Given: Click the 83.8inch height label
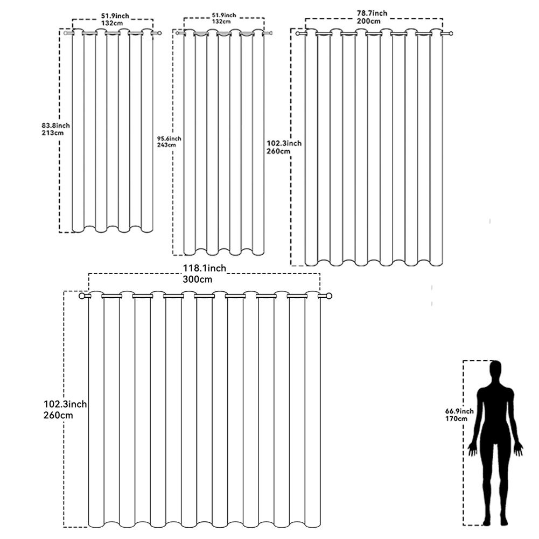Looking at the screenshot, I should click(x=55, y=125).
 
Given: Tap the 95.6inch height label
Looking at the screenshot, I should click(x=169, y=139).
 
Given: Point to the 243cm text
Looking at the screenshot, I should click(x=166, y=145).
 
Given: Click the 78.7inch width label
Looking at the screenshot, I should click(x=372, y=13).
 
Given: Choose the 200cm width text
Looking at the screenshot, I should click(x=369, y=21).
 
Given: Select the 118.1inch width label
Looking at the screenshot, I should click(x=204, y=268).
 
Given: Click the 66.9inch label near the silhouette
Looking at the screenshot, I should click(x=459, y=411).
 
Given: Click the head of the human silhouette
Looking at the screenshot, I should click(x=495, y=370).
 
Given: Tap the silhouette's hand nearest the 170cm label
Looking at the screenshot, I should click(x=473, y=449).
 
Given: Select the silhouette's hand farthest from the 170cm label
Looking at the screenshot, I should click(x=519, y=449).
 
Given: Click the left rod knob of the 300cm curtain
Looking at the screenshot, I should click(x=82, y=296).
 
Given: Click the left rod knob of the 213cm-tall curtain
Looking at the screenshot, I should click(x=66, y=33).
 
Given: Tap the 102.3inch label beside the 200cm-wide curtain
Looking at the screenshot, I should click(x=284, y=144).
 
